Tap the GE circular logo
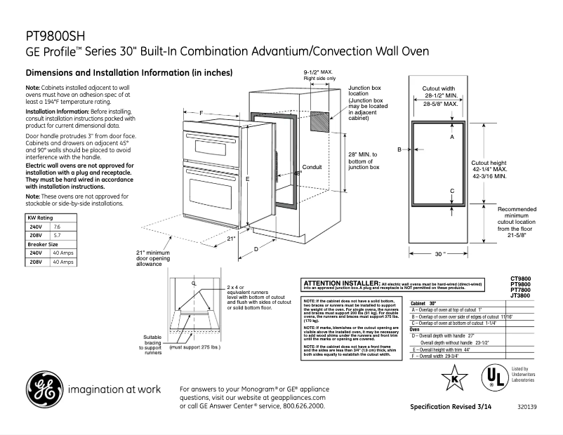pos(43,388)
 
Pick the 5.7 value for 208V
pos(58,236)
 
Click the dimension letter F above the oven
pos(201,113)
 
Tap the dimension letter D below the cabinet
pos(256,249)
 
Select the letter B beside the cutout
pos(399,149)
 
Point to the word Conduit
pos(312,167)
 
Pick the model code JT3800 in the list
pos(520,297)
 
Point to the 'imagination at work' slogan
pos(114,389)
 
